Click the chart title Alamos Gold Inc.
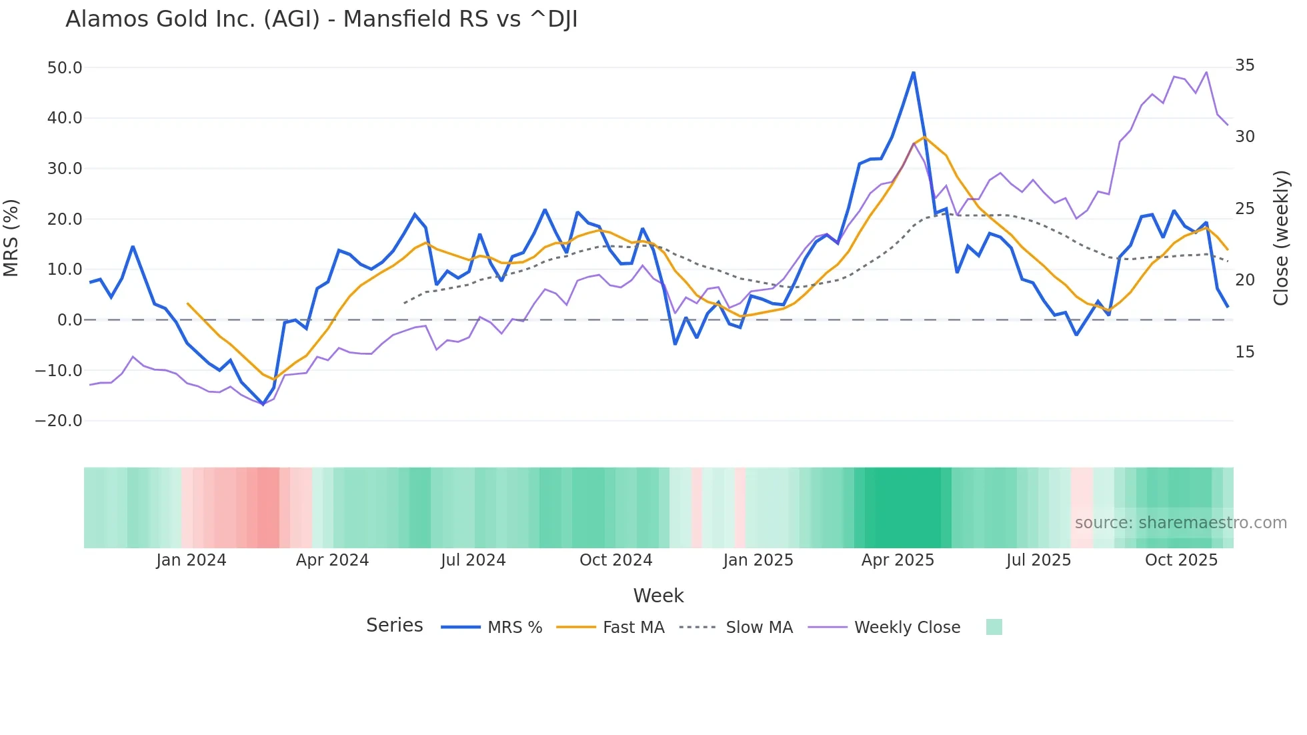point(321,19)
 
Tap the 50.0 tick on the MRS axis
point(65,68)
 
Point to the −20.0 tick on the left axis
point(59,421)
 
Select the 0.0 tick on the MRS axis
point(70,320)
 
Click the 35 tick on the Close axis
point(1244,65)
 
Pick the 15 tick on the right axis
point(1244,352)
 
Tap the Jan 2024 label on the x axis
point(191,560)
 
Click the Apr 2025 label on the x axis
point(898,560)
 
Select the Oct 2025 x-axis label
point(1181,560)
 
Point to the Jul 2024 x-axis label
point(473,560)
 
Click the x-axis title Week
point(658,596)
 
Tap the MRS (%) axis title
point(11,237)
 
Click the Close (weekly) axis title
point(1280,237)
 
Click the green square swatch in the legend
point(994,627)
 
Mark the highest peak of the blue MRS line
point(914,73)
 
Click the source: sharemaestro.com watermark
point(1180,523)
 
